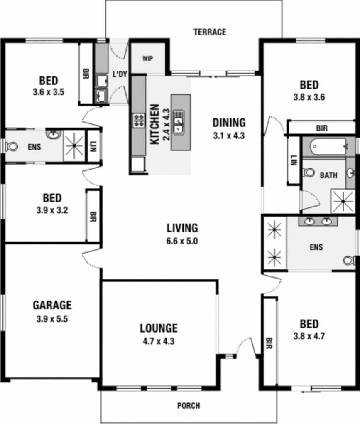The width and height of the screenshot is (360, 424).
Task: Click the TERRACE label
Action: [210, 32]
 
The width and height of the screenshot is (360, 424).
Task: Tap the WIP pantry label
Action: [148, 58]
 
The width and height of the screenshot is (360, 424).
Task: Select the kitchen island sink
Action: [179, 123]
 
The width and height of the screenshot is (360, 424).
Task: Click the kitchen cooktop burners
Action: [139, 120]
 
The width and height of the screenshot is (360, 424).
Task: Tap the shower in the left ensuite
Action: [74, 145]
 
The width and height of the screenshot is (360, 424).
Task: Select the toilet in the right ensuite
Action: [350, 261]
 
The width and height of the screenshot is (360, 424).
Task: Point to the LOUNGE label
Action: [159, 328]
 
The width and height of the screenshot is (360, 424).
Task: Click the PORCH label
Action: [189, 405]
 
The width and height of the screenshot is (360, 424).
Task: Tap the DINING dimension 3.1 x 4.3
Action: [229, 135]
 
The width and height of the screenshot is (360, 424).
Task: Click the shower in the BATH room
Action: [343, 201]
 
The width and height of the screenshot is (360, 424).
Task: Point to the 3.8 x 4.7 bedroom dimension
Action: [309, 336]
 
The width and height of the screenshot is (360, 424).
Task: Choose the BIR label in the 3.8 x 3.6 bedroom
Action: [321, 128]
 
